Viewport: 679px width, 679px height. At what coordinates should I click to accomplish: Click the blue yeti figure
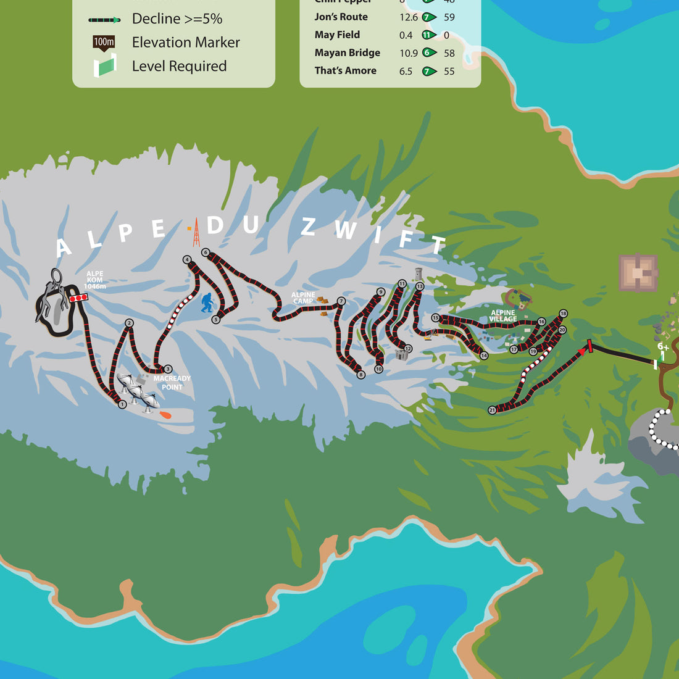pos(207,302)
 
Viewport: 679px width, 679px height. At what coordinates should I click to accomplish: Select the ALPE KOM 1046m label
pos(94,280)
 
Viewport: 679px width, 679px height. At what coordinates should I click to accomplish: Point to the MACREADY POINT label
pos(172,383)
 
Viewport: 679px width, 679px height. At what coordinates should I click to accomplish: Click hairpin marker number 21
pos(492,410)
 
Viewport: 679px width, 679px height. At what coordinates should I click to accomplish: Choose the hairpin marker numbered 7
pos(341,301)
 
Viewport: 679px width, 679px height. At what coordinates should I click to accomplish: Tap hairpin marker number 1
pos(122,404)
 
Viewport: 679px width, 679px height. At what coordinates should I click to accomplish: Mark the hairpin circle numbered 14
pos(484,356)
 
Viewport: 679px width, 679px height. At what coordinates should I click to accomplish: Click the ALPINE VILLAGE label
pos(502,315)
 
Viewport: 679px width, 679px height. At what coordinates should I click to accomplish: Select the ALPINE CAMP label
pos(303,298)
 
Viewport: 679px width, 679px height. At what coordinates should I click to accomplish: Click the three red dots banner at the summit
pos(78,298)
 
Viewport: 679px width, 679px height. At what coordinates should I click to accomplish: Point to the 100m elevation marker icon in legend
pos(104,43)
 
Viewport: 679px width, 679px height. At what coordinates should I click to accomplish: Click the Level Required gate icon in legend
pos(105,65)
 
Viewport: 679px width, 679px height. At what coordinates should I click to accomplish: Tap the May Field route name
pos(337,35)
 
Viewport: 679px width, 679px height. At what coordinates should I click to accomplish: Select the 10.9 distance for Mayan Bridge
pos(409,53)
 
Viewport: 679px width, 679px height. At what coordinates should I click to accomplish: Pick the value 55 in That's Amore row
pos(449,71)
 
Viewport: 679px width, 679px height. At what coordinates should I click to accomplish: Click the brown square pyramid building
pos(638,272)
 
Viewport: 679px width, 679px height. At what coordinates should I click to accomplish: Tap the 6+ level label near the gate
pos(663,347)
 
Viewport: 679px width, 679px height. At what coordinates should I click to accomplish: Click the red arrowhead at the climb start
pos(581,351)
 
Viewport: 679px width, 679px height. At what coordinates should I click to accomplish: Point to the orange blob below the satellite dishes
pos(165,414)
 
